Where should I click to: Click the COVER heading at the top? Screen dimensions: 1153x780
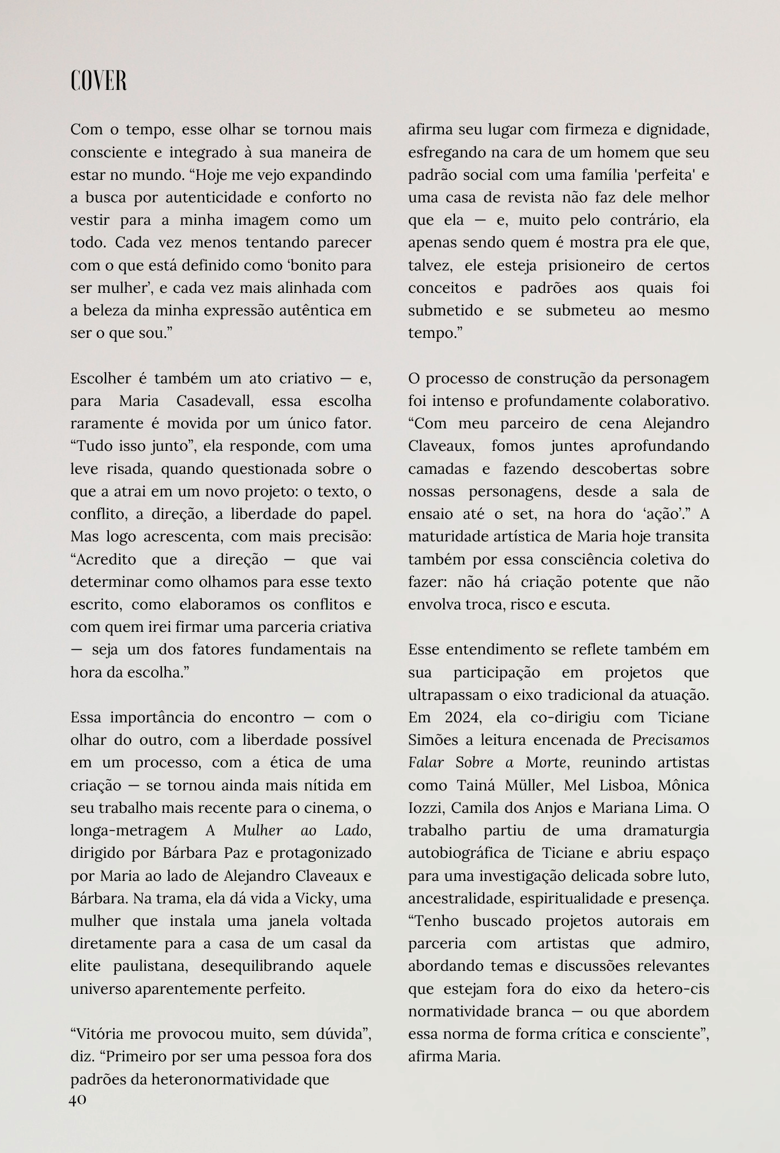point(99,81)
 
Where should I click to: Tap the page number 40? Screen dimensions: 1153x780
point(78,1099)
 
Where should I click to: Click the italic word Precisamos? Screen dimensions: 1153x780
point(671,740)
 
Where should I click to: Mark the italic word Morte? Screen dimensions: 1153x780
point(545,763)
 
